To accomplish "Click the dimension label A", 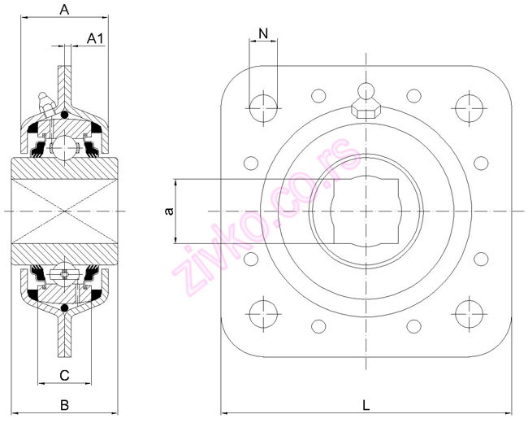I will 64,10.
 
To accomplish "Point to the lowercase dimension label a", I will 168,211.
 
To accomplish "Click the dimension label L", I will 366,403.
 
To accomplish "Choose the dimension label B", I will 65,403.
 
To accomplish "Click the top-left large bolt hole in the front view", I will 263,107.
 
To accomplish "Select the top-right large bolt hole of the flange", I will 469,107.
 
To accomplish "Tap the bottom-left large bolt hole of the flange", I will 263,312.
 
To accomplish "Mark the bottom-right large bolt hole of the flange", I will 469,312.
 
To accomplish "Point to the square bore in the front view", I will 366,210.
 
